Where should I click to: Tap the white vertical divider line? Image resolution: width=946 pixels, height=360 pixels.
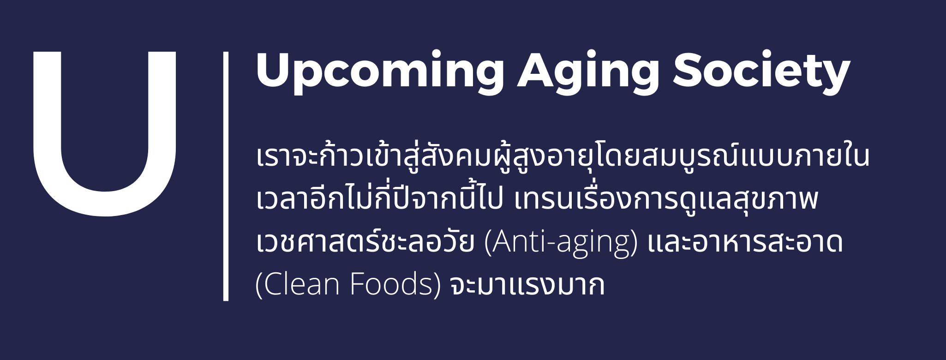click(226, 176)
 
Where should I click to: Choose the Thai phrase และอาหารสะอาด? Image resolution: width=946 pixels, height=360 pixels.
click(745, 243)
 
